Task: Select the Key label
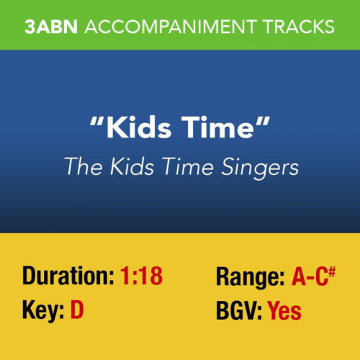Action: (x=42, y=312)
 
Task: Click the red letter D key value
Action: (x=77, y=311)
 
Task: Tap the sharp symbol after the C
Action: (x=333, y=270)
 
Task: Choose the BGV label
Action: (x=238, y=311)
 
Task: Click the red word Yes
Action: (x=284, y=311)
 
